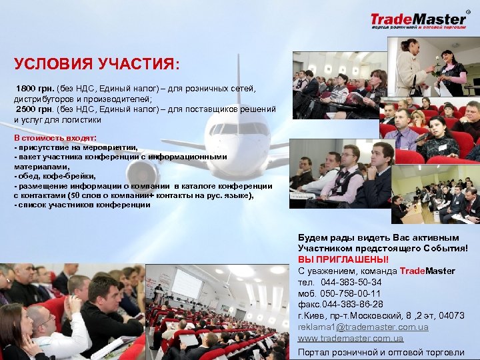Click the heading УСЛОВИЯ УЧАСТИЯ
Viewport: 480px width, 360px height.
[96, 65]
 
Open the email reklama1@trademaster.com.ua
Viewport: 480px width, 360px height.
[363, 327]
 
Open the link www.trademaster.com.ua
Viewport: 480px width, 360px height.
[351, 339]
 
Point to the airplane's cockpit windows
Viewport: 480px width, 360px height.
[237, 128]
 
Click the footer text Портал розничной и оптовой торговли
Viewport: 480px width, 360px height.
[381, 353]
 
